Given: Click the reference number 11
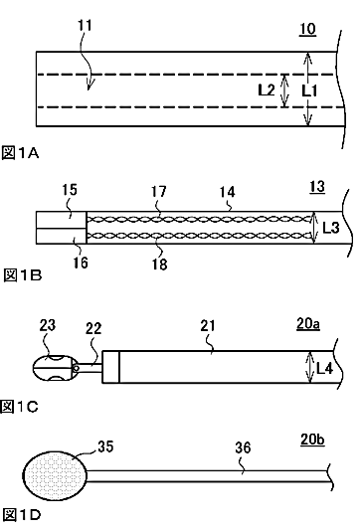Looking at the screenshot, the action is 85,26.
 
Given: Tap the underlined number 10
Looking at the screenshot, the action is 307,29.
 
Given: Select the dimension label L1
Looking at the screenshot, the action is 309,90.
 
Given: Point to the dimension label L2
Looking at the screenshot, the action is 267,90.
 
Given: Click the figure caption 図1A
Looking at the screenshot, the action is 20,153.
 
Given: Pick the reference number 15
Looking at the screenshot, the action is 70,190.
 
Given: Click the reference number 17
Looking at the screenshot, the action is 159,192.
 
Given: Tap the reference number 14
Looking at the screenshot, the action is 227,192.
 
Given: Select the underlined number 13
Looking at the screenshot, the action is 317,187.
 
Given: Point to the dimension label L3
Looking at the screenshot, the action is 330,228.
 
